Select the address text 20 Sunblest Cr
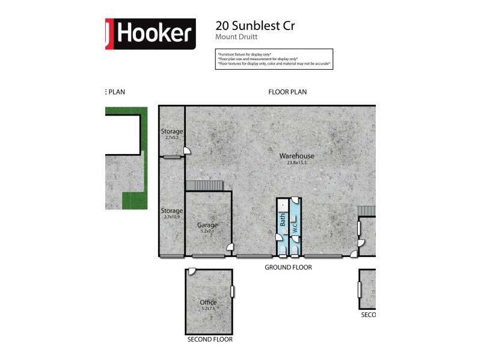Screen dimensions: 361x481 click(255, 25)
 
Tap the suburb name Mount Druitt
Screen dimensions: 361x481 click(236, 37)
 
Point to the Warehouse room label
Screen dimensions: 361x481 click(296, 156)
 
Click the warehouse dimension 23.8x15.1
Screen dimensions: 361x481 click(296, 162)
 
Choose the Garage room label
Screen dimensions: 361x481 click(207, 225)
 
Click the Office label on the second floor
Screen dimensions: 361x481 click(208, 303)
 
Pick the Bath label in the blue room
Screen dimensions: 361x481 click(283, 220)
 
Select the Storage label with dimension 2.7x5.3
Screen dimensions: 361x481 click(171, 131)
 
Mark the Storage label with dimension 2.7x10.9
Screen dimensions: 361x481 click(171, 211)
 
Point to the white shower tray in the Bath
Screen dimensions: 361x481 click(283, 205)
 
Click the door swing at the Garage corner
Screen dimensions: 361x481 click(229, 247)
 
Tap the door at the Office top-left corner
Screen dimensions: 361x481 click(191, 272)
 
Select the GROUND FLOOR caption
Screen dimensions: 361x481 click(289, 267)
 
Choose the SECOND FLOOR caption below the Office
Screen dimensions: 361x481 click(209, 339)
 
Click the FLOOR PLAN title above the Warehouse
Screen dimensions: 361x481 click(287, 92)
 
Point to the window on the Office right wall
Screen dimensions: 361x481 click(233, 291)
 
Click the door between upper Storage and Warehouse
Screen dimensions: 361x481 click(187, 150)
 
